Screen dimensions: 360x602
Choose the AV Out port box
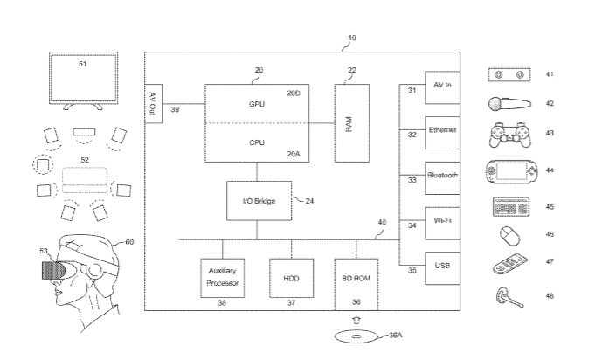152,107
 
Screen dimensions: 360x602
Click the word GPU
257,104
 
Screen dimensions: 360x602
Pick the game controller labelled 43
507,136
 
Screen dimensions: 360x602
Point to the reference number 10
352,38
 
